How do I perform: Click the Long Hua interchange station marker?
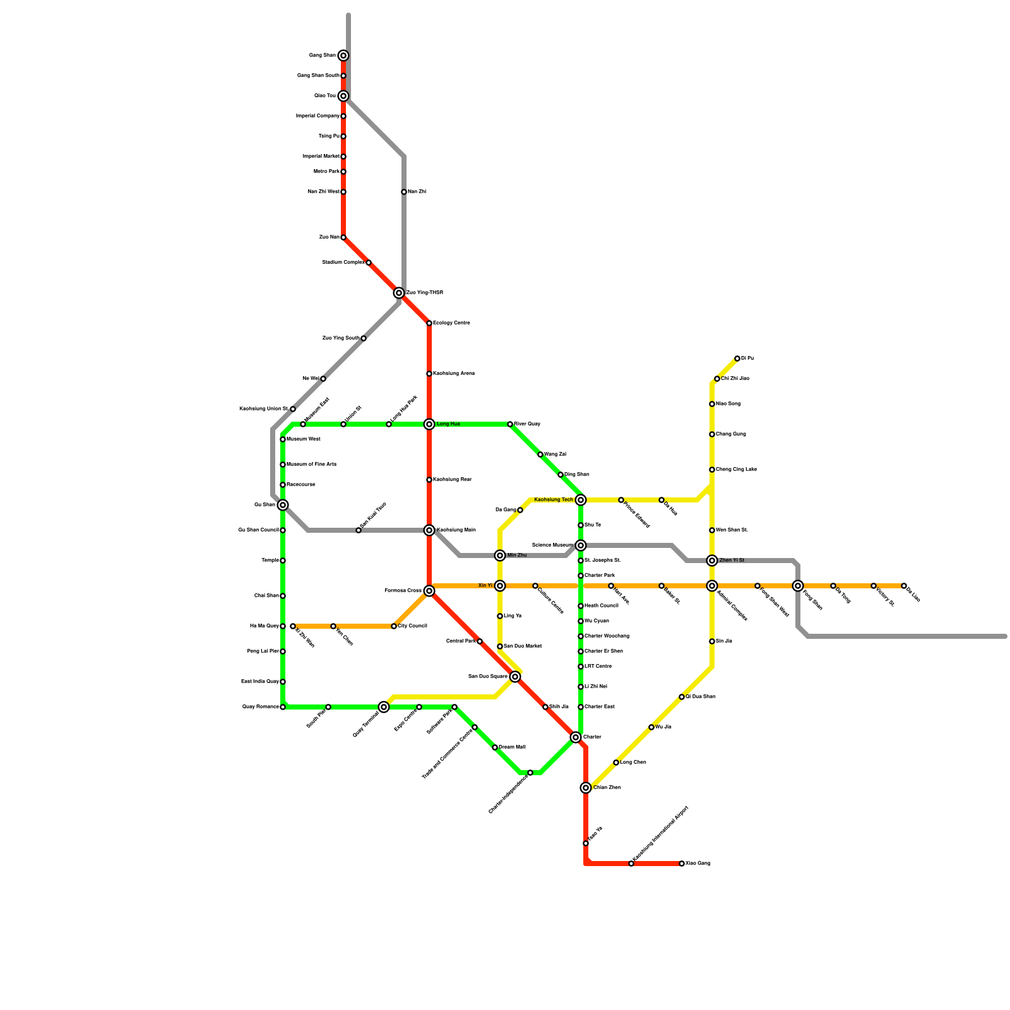[x=429, y=424]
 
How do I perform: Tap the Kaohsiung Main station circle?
[x=429, y=530]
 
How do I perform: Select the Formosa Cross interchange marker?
[x=429, y=591]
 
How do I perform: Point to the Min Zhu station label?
[x=516, y=555]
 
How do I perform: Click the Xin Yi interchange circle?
[x=500, y=586]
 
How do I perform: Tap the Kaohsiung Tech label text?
[x=553, y=500]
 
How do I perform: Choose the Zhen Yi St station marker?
[x=712, y=561]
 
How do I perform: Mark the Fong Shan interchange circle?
[x=798, y=586]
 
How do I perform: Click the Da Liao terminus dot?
[x=904, y=586]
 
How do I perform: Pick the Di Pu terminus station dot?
[x=737, y=359]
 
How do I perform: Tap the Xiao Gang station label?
[x=698, y=864]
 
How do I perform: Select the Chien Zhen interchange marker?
[x=586, y=788]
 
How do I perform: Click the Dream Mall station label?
[x=512, y=747]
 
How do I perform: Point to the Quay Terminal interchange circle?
[x=384, y=707]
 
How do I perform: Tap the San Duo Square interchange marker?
[x=515, y=677]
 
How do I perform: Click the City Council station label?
[x=412, y=626]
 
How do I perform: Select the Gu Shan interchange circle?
[x=283, y=505]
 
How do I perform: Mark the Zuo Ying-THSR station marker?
[x=399, y=293]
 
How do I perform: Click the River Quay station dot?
[x=510, y=424]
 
